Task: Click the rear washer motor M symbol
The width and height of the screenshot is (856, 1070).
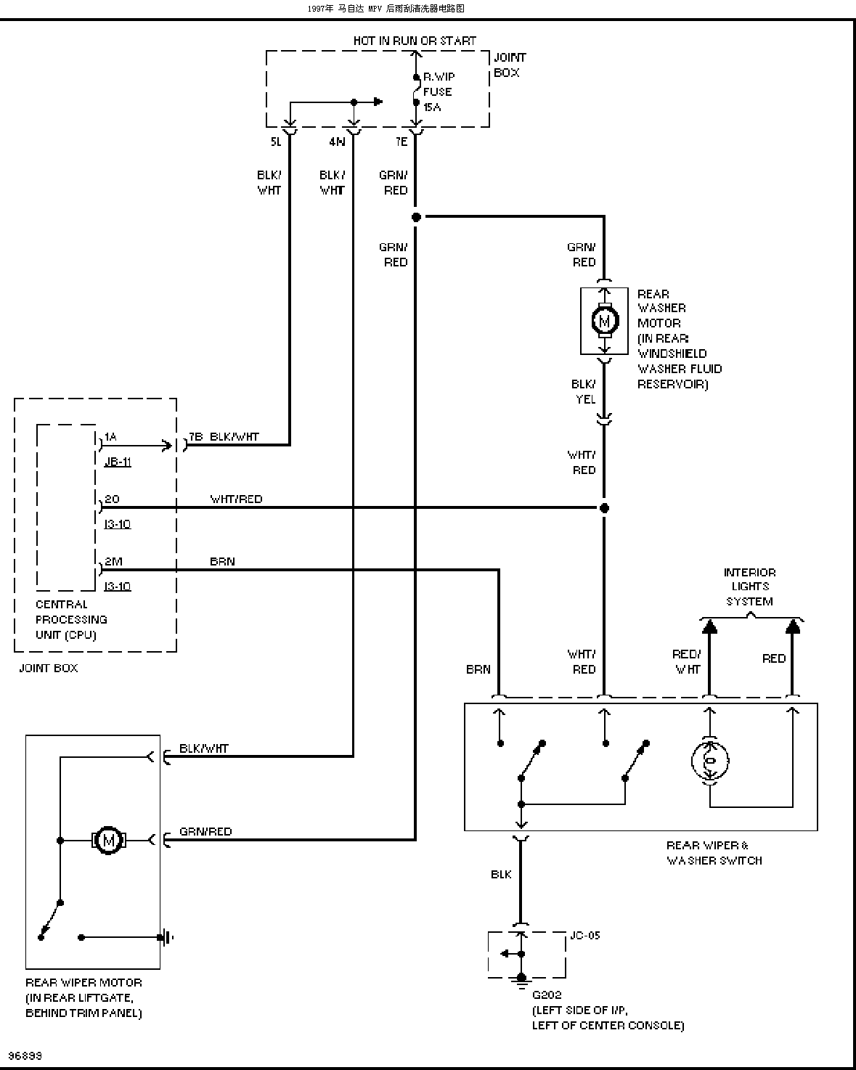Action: (x=604, y=321)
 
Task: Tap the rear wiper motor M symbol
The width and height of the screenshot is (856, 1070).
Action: (x=108, y=841)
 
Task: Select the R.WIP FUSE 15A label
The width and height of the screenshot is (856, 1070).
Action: (x=439, y=92)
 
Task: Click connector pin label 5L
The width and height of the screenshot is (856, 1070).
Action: (x=276, y=142)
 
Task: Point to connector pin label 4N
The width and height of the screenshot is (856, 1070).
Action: (x=337, y=142)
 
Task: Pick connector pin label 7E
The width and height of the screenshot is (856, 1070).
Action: (x=402, y=142)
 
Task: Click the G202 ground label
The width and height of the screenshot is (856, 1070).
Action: (x=547, y=995)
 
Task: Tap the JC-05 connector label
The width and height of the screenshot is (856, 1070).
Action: (x=585, y=935)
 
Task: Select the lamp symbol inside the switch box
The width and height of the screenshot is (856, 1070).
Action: (x=710, y=761)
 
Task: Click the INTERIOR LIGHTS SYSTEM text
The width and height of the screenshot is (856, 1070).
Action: (x=749, y=587)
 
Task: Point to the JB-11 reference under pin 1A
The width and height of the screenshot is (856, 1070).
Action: (x=118, y=462)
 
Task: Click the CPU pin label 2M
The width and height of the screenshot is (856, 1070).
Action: (x=113, y=561)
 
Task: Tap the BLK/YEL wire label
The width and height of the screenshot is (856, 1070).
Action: (x=584, y=392)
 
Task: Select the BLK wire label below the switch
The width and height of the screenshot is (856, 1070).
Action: (x=501, y=874)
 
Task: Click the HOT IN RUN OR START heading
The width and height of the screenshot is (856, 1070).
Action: (x=415, y=41)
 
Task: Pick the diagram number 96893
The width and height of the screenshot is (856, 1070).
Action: (x=25, y=1055)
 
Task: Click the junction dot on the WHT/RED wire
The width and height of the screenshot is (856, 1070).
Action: (x=604, y=508)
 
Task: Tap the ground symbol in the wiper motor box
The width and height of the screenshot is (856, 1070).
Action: (x=166, y=938)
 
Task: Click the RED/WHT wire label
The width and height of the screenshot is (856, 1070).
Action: (x=687, y=662)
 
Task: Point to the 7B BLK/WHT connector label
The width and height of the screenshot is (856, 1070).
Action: (x=224, y=436)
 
